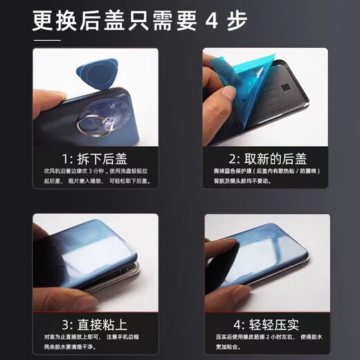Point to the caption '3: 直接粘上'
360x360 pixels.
coord(94,324)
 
